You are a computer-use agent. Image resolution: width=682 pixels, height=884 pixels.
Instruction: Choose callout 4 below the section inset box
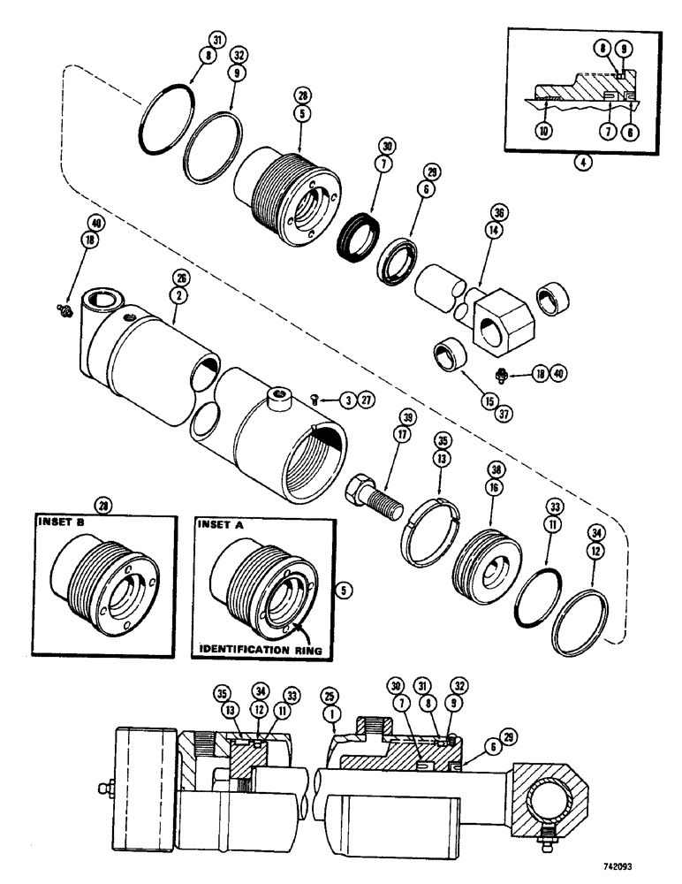click(579, 163)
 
